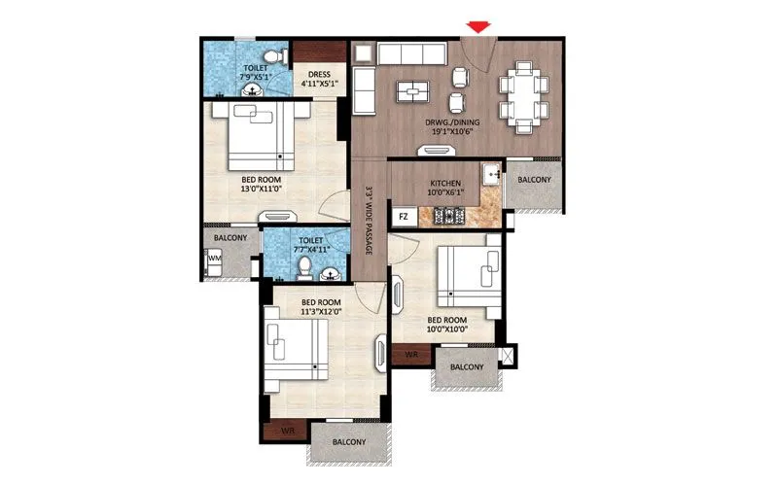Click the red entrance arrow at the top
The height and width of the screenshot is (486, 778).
tap(477, 26)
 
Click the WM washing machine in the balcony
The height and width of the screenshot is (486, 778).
tap(214, 259)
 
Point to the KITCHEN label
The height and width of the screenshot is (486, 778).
tap(444, 184)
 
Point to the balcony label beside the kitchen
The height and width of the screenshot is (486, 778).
tap(534, 180)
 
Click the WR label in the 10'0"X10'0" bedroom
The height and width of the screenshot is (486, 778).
tap(411, 357)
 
